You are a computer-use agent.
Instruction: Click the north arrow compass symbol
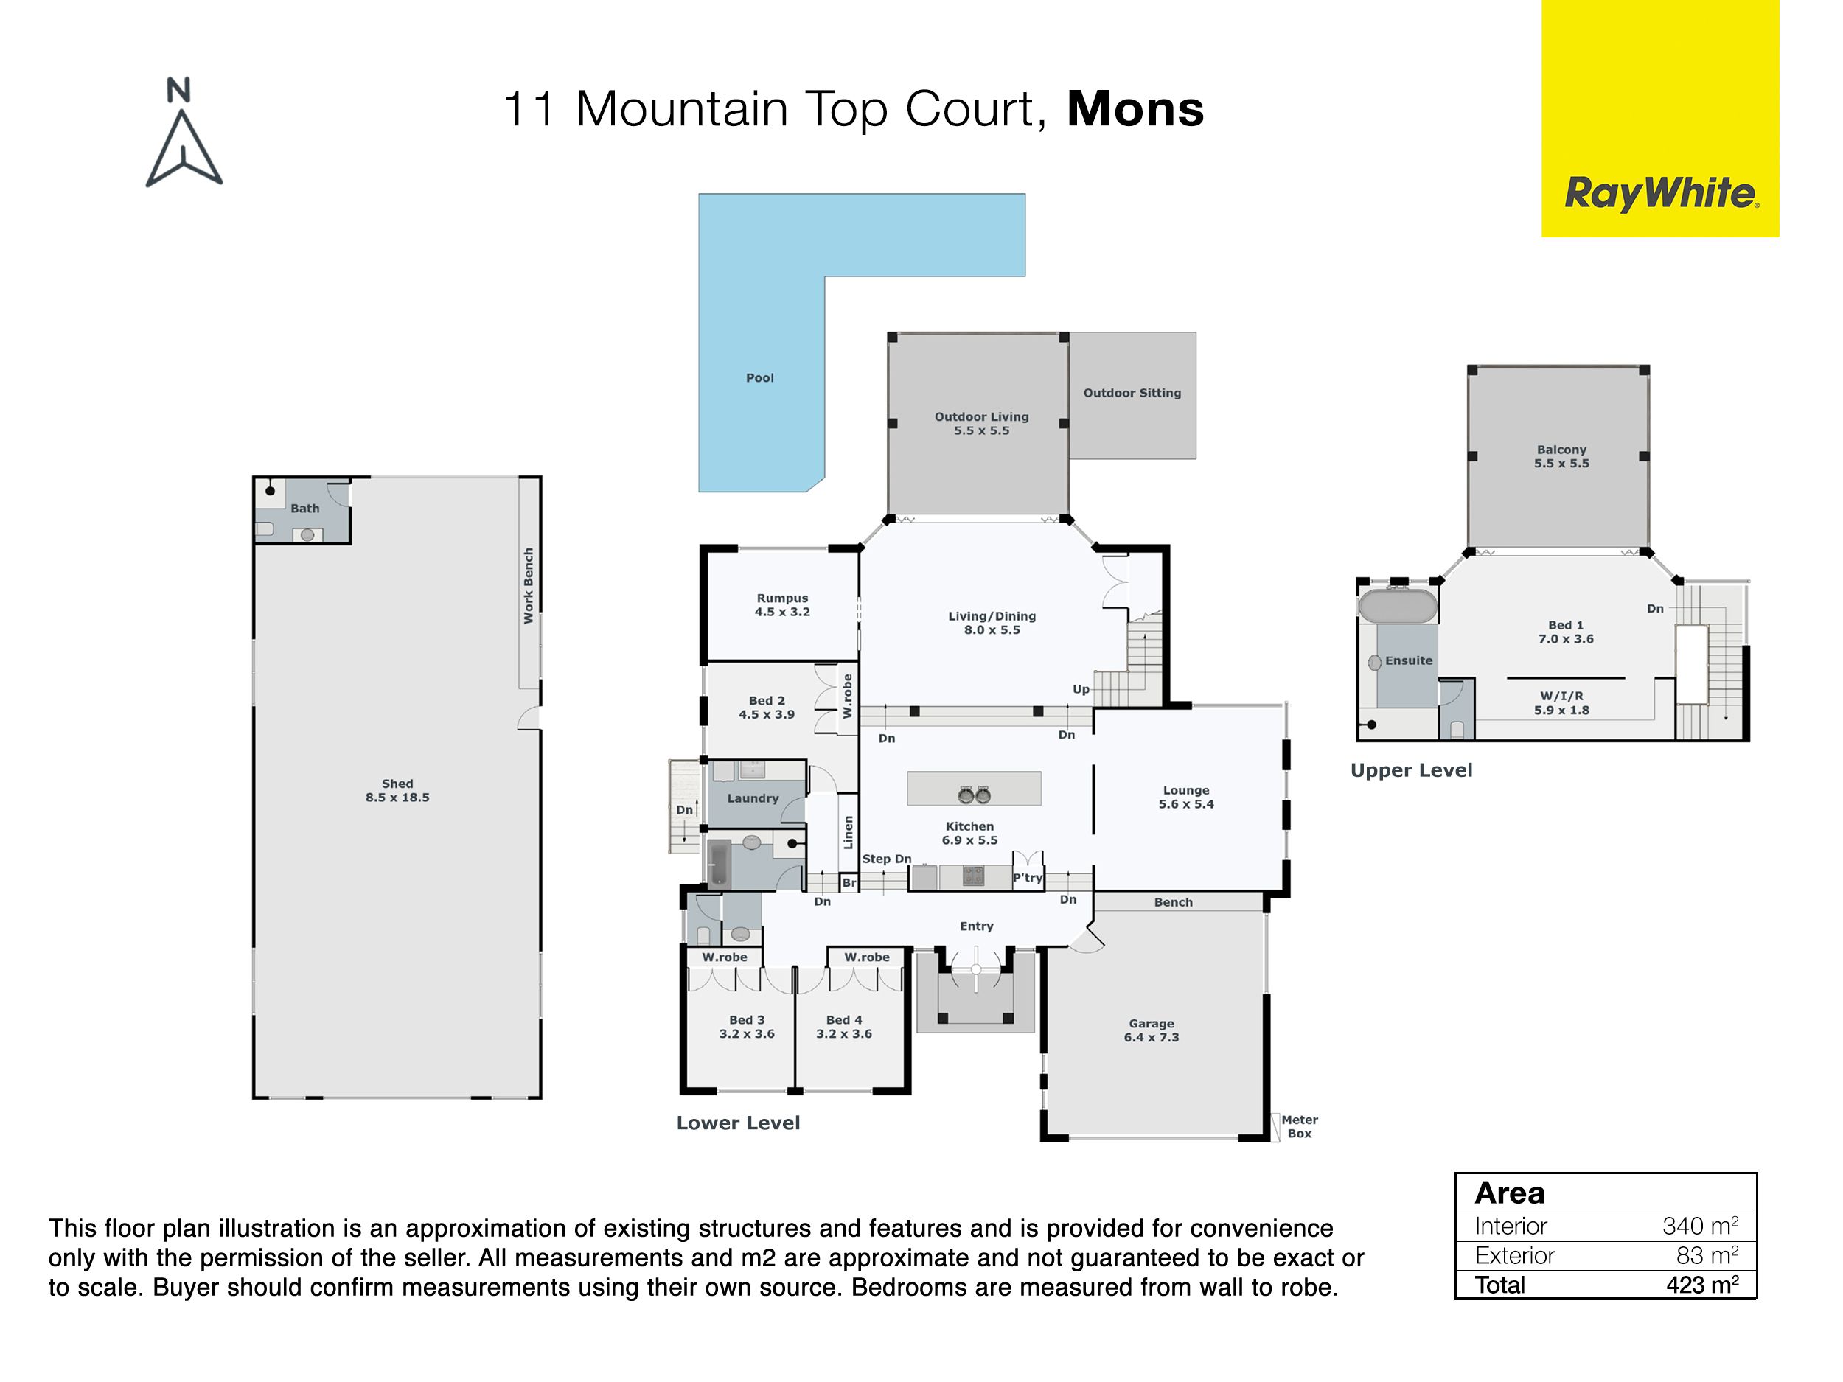184,133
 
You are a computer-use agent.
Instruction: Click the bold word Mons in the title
1135,109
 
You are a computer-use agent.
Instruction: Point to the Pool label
760,377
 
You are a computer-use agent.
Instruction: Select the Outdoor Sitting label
1132,392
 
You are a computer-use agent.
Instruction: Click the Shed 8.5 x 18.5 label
397,789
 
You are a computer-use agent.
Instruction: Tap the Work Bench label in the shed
529,586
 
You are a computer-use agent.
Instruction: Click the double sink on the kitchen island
974,794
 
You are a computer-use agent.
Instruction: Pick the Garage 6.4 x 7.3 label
1152,1030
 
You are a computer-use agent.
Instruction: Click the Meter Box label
1300,1126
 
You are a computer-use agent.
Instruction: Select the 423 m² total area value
1702,1285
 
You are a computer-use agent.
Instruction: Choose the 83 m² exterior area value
1707,1254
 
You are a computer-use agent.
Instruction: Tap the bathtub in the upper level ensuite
1398,606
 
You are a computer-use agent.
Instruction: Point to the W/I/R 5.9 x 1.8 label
1561,703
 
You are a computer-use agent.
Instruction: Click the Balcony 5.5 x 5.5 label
1561,456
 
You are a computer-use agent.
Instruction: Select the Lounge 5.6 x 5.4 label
1185,796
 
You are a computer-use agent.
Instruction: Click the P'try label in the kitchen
1028,877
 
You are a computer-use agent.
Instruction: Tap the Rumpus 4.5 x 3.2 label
782,604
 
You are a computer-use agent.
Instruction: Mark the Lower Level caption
738,1122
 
